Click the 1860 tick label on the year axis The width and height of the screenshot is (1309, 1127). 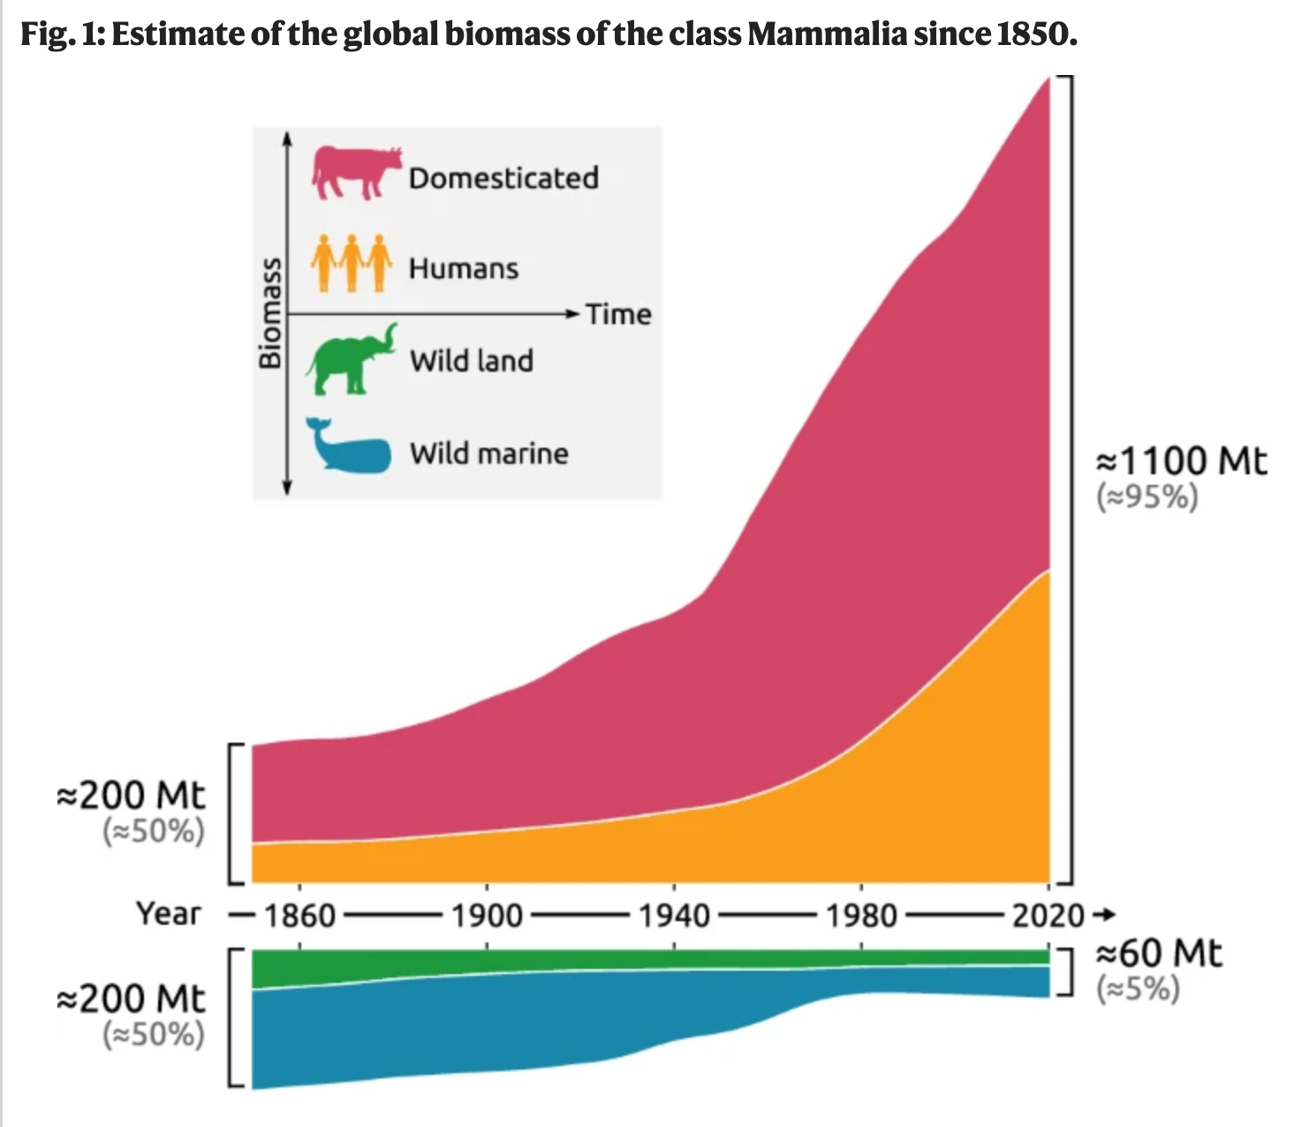click(299, 915)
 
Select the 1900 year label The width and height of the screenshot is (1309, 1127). click(487, 915)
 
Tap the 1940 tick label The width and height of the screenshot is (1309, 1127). click(674, 915)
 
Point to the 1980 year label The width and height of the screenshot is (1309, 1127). click(861, 915)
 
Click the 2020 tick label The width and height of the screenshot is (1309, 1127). click(1048, 915)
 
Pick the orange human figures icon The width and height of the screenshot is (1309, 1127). click(351, 262)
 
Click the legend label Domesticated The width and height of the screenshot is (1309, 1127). click(503, 178)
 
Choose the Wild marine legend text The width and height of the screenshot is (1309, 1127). click(488, 453)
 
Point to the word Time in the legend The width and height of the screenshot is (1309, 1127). click(618, 314)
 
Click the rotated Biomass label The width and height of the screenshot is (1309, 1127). click(269, 313)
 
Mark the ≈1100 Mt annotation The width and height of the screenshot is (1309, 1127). click(1181, 460)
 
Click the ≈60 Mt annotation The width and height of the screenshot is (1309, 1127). click(1159, 954)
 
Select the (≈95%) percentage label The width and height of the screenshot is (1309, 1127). click(1147, 497)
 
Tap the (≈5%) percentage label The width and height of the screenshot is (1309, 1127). click(1139, 989)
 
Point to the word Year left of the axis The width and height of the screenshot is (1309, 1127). click(169, 913)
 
